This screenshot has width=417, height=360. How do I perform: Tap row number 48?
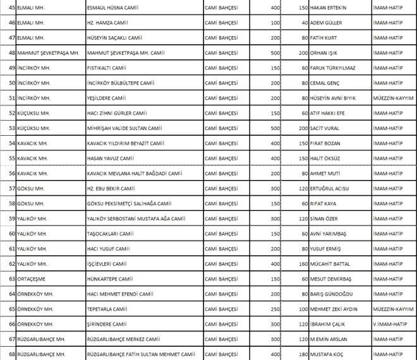tap(11, 52)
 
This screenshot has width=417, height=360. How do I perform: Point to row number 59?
tap(11, 219)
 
